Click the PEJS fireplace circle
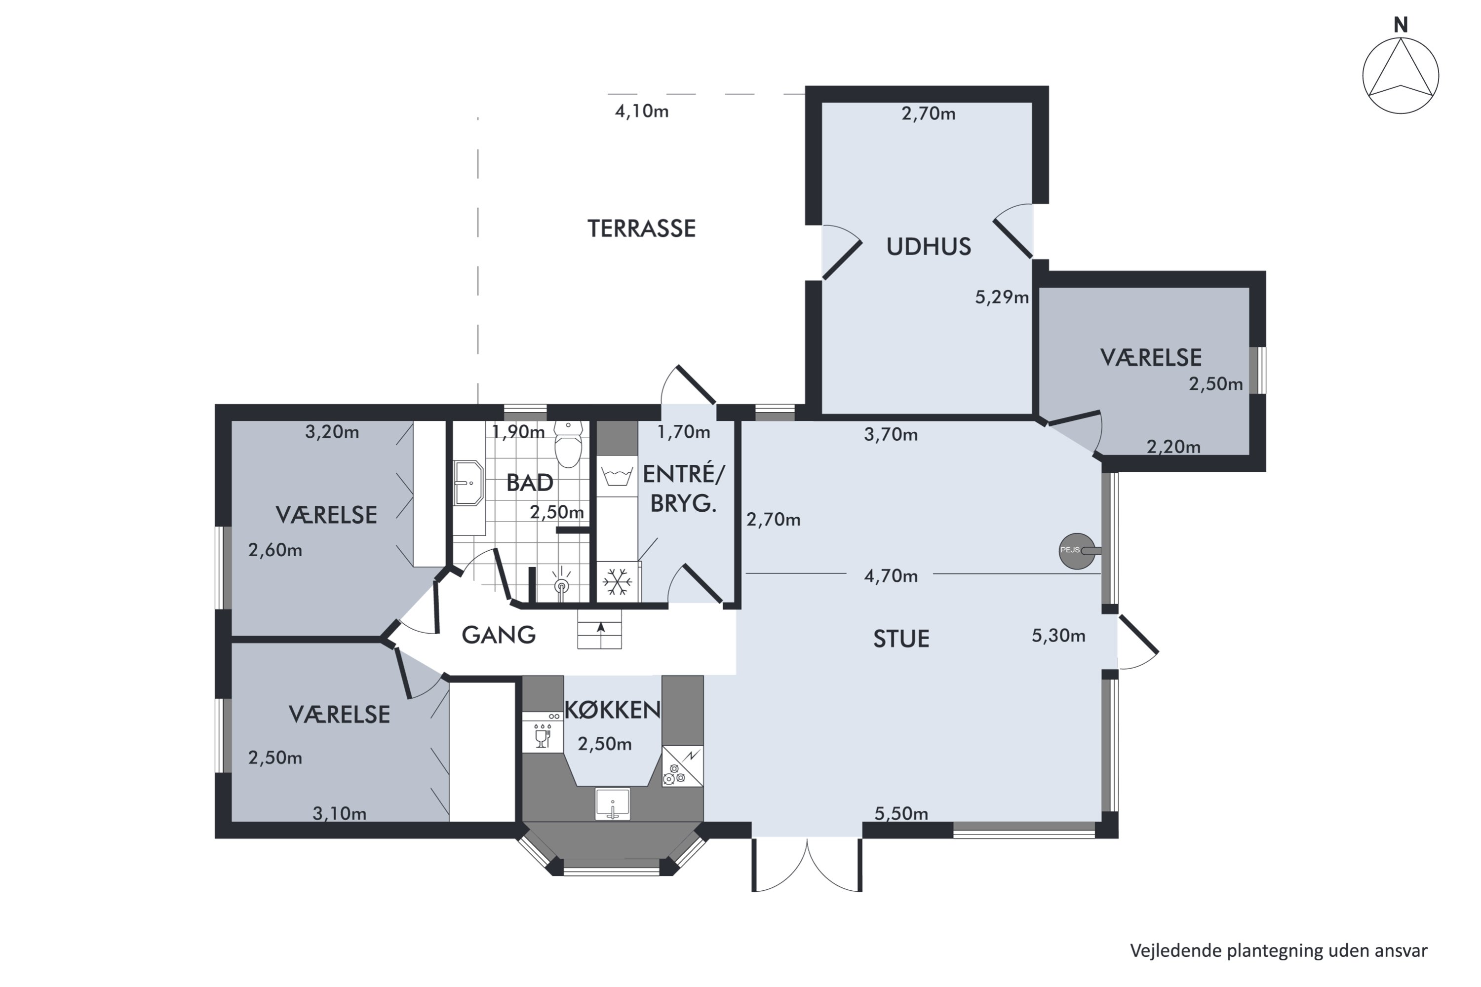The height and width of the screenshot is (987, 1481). tap(1077, 551)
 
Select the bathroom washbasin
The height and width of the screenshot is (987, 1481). tap(468, 484)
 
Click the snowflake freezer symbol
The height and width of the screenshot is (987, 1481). tap(617, 582)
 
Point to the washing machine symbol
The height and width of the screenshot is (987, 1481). tap(617, 476)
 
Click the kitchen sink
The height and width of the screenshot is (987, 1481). tap(613, 804)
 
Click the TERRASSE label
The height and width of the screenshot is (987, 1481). tap(642, 228)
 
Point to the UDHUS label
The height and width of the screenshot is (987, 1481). tap(929, 247)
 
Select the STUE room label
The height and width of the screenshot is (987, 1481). tap(901, 640)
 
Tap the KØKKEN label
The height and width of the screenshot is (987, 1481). tap(613, 710)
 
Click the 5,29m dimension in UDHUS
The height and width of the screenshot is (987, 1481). tap(1002, 297)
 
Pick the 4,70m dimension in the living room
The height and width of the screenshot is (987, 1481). tap(891, 576)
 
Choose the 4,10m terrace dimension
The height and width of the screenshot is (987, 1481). tap(642, 112)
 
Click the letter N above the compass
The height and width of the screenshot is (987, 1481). tap(1401, 25)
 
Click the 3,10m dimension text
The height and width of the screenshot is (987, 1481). tap(340, 813)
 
